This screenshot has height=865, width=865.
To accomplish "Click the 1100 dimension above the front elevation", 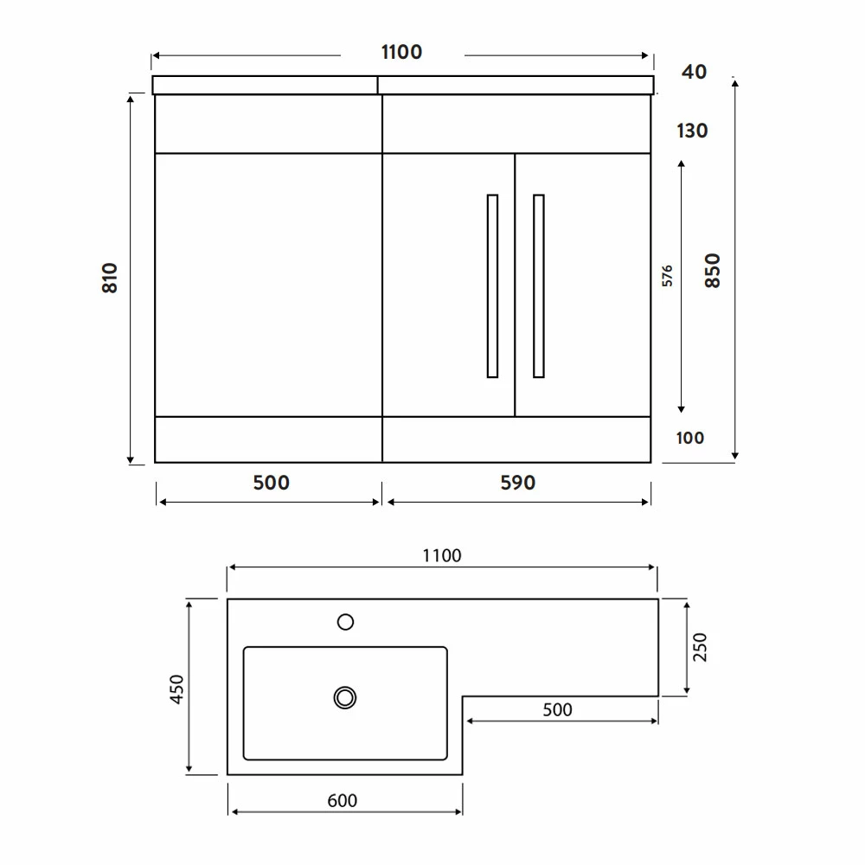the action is pos(401,52).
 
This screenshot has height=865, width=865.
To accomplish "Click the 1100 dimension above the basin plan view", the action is pos(442,555).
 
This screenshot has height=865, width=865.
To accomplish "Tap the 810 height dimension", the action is pos(110,278).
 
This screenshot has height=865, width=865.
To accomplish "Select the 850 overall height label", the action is pos(713,270).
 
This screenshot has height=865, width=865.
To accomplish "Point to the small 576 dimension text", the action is pos(668,276).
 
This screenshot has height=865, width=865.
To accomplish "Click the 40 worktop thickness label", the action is pos(694,72).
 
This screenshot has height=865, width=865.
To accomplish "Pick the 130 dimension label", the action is pos(692,131).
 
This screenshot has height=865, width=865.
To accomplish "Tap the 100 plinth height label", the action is pos(690,438).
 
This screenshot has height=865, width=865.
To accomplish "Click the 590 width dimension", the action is pos(518,483).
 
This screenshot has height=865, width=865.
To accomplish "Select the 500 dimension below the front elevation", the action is pos(272,483).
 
